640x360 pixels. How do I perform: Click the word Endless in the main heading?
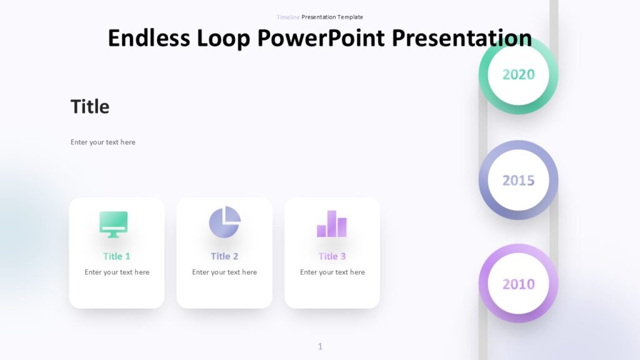(x=149, y=37)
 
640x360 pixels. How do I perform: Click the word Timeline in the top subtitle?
(x=288, y=17)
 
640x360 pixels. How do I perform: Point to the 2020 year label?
(x=518, y=74)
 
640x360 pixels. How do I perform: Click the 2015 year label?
(x=518, y=180)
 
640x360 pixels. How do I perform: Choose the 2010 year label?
(x=518, y=284)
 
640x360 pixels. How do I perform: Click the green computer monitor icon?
(x=113, y=224)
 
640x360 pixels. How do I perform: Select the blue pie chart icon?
(x=224, y=222)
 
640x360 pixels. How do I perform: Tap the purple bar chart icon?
(x=332, y=224)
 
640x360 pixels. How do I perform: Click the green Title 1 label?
(x=117, y=256)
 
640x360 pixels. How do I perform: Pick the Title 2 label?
(x=224, y=256)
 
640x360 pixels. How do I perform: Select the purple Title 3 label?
(x=332, y=256)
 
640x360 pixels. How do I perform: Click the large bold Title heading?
(x=90, y=107)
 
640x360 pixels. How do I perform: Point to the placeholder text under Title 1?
(x=117, y=272)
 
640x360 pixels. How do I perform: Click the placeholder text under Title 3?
(x=332, y=272)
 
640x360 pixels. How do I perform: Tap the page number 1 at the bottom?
(x=320, y=346)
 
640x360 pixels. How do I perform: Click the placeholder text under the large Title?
(x=103, y=142)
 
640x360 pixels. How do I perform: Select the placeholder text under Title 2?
(x=224, y=272)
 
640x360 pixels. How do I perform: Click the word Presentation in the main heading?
(x=462, y=37)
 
